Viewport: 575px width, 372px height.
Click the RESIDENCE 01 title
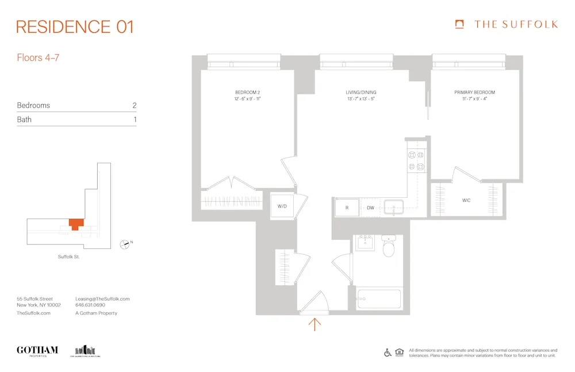coord(75,26)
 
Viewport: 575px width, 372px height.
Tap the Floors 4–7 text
coord(38,58)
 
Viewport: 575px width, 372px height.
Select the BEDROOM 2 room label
coord(248,93)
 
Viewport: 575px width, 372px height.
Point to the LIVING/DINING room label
coord(361,93)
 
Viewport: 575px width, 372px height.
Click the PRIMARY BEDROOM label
coord(474,93)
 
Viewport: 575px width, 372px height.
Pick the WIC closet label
coord(466,201)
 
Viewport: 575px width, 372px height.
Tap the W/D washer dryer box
coord(282,206)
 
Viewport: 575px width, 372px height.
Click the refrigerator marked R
coord(347,208)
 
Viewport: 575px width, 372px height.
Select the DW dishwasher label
coord(371,208)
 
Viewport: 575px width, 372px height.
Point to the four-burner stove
coord(416,160)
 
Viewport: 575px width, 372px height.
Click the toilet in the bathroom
coord(389,248)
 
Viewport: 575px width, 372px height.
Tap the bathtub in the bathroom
coord(378,299)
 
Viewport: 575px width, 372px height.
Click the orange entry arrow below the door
coord(315,324)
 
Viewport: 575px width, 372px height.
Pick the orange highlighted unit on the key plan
coord(75,224)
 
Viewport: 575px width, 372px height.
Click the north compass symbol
coord(124,244)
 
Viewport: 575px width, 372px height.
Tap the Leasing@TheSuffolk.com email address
coord(102,299)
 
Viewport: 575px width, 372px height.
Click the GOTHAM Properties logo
coord(37,351)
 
